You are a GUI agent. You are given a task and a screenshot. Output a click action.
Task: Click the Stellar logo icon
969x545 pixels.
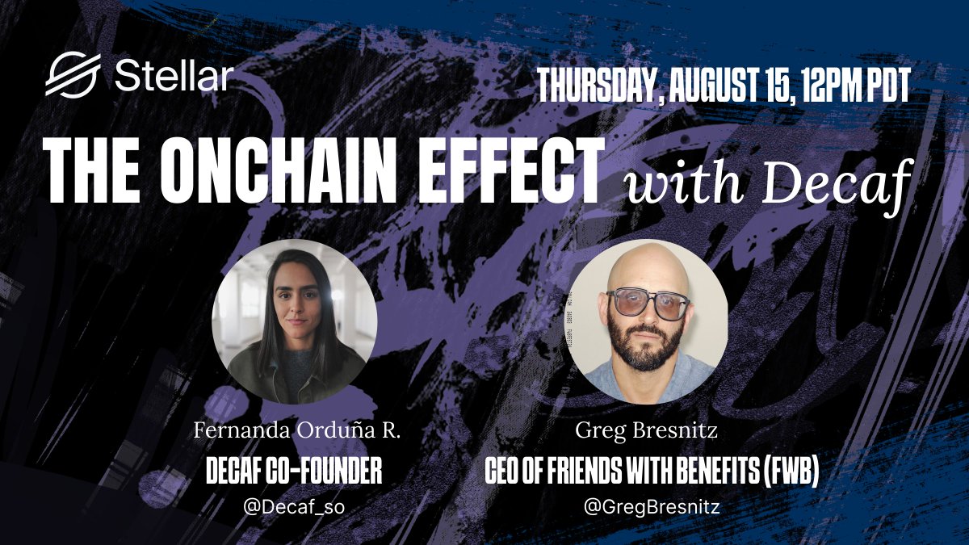[73, 74]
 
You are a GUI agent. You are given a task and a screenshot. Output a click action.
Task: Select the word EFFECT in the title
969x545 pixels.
[510, 171]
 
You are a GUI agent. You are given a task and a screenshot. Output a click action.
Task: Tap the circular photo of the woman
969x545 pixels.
[295, 322]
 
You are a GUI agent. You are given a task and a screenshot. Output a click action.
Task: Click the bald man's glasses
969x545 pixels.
[648, 304]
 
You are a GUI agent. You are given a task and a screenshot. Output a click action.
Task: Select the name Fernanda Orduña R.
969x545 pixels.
[297, 431]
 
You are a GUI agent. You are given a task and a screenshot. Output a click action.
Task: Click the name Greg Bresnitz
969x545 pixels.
[646, 431]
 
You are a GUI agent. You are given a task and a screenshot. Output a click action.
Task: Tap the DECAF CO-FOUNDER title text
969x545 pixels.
[294, 471]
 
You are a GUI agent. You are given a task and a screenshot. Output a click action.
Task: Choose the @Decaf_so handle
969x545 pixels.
[294, 506]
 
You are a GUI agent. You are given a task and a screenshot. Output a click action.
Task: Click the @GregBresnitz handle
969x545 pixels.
[652, 506]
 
